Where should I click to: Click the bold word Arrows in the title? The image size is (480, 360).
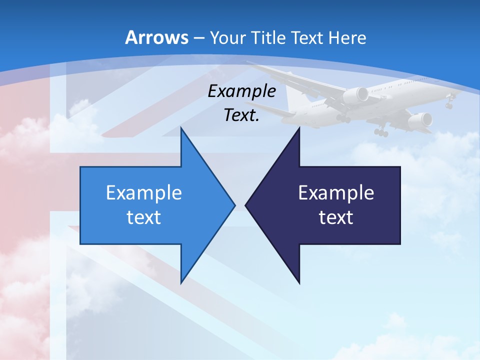[x=157, y=37]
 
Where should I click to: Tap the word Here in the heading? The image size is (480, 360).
[x=348, y=37]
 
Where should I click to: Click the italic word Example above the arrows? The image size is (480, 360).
[x=242, y=91]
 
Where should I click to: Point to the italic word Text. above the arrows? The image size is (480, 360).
[x=242, y=115]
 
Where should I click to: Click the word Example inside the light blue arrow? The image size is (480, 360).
[x=144, y=193]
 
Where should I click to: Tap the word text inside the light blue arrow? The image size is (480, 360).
[x=144, y=217]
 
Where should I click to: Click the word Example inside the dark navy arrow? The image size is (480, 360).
[x=336, y=193]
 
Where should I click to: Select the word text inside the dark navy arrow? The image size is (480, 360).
[x=336, y=217]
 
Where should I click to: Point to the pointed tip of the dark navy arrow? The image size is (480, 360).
[x=246, y=205]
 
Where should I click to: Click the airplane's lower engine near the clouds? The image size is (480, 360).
[x=420, y=120]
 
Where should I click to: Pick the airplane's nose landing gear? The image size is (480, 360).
[x=449, y=104]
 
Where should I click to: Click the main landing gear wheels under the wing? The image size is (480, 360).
[x=381, y=132]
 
